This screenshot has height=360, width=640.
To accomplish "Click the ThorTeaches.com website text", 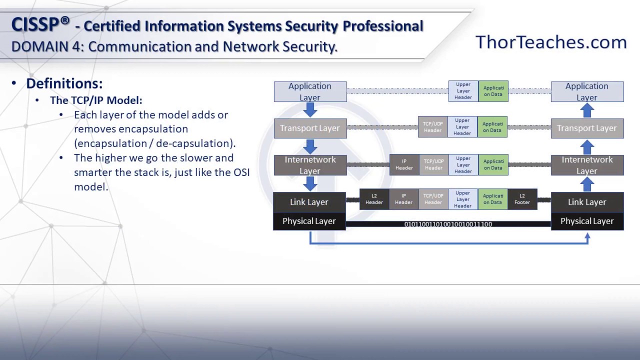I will click(550, 42).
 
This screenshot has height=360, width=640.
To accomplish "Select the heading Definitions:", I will click(64, 83).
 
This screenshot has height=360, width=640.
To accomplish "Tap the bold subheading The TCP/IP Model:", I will click(96, 100).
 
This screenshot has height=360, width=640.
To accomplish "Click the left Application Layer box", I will click(310, 91).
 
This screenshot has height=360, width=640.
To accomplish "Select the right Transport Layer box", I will click(587, 128).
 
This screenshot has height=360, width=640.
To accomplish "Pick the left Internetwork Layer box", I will click(310, 165).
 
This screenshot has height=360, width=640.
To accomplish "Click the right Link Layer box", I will click(587, 202).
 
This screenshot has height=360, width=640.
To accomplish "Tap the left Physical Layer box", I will click(309, 221).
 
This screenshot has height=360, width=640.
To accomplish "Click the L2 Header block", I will click(374, 199).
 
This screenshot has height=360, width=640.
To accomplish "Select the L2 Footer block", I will click(522, 199).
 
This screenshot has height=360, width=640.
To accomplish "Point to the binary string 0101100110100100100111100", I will click(448, 224).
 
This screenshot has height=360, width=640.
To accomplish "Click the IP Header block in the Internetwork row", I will click(404, 164).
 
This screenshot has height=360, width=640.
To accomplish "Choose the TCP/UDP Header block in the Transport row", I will click(432, 127).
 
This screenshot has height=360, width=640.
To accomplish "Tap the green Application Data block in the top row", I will click(493, 91).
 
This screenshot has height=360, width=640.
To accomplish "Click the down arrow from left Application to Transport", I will click(310, 109).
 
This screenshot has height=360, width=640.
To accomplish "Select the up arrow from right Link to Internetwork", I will click(587, 184).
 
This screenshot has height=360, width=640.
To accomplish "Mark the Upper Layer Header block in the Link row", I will click(462, 199).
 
